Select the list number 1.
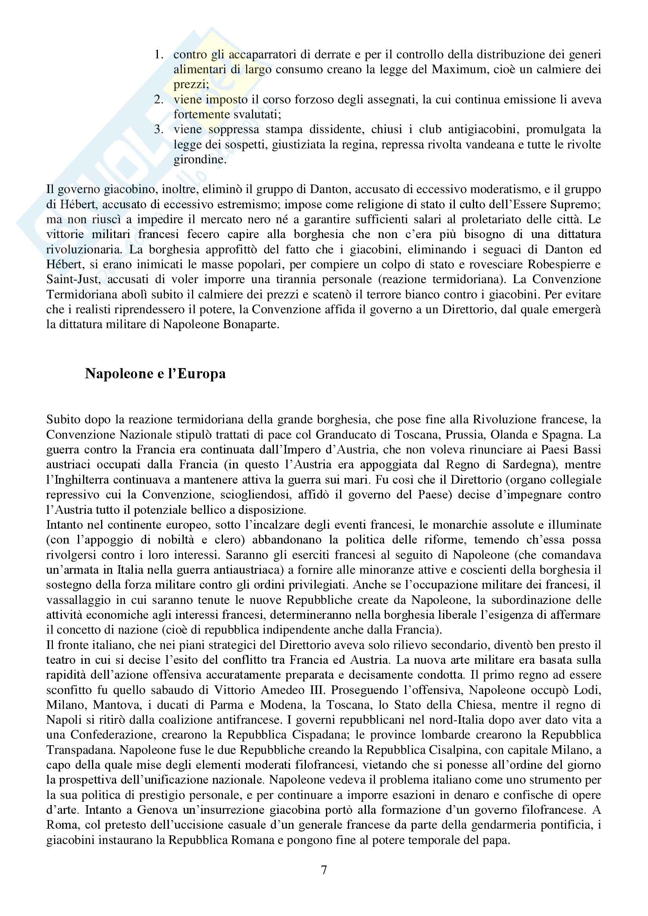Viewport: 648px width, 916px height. click(159, 55)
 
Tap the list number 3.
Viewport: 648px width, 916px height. click(159, 130)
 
